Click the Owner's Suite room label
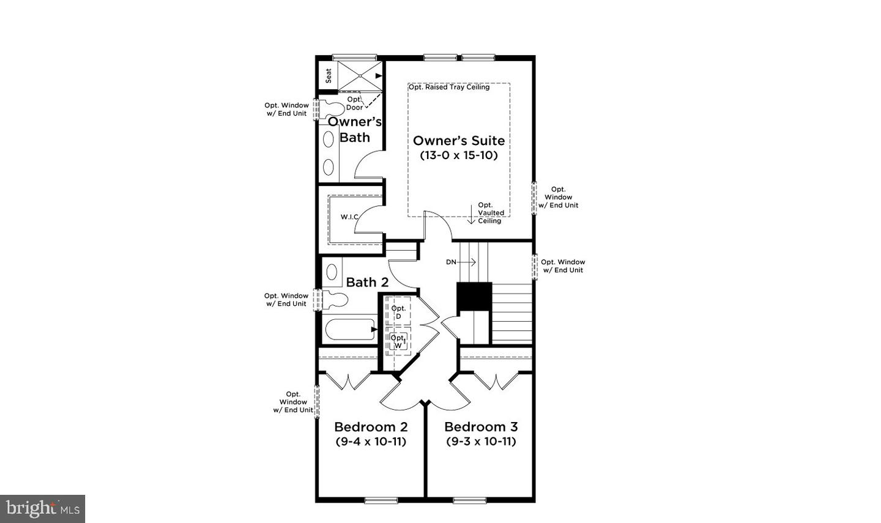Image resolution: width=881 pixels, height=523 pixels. (x=459, y=141)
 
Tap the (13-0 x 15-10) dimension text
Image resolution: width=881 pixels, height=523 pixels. (x=459, y=155)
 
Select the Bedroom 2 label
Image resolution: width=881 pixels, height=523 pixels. (x=371, y=427)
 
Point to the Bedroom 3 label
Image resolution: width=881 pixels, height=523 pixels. (x=481, y=427)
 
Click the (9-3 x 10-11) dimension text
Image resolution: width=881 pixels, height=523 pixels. (x=481, y=442)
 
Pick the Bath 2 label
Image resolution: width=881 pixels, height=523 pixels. (x=367, y=282)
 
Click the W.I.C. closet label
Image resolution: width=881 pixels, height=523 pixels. (x=349, y=217)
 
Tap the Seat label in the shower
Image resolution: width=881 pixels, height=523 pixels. (x=329, y=75)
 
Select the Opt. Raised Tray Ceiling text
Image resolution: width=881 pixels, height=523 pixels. (x=449, y=87)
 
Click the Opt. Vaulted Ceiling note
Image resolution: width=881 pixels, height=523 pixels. (x=490, y=213)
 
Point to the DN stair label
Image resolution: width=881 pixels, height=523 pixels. (x=451, y=262)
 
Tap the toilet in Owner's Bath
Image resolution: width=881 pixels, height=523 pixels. (x=333, y=109)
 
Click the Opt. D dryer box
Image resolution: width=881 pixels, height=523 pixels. (x=398, y=312)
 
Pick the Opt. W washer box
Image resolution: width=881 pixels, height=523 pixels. (x=398, y=341)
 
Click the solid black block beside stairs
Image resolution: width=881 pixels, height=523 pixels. (x=474, y=297)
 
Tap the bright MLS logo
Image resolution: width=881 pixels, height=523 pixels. (x=42, y=508)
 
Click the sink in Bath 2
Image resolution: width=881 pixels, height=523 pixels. (x=332, y=272)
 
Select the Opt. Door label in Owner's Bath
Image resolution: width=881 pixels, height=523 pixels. (x=354, y=103)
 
